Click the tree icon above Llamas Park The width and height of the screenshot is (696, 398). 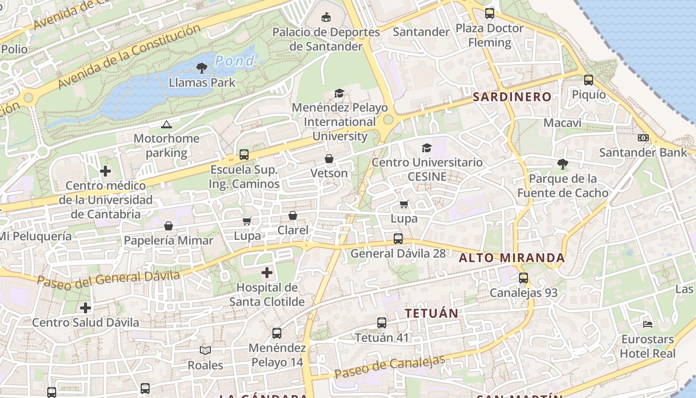[202, 68]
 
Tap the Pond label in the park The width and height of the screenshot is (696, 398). [235, 61]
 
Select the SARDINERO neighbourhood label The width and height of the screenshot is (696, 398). [512, 97]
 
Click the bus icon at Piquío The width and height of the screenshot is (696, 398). [589, 80]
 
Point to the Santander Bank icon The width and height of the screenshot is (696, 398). [643, 138]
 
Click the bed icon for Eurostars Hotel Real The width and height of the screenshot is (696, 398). [648, 324]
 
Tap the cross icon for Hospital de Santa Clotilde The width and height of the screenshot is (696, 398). [267, 273]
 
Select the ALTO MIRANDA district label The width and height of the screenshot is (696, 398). [512, 258]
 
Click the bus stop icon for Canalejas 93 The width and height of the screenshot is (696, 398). [523, 278]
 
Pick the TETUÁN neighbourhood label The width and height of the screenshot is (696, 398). [431, 313]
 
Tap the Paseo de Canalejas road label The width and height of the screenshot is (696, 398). [390, 367]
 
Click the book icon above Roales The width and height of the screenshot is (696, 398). [205, 350]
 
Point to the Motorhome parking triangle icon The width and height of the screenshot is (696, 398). [166, 124]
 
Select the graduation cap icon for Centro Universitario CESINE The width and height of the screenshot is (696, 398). [427, 148]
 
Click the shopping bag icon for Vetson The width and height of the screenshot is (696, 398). [329, 159]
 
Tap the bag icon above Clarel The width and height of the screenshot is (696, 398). [293, 215]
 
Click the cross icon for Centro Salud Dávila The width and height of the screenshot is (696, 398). [86, 308]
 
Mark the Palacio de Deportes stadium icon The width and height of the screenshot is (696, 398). [326, 17]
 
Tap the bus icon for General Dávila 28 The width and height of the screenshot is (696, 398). [398, 239]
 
